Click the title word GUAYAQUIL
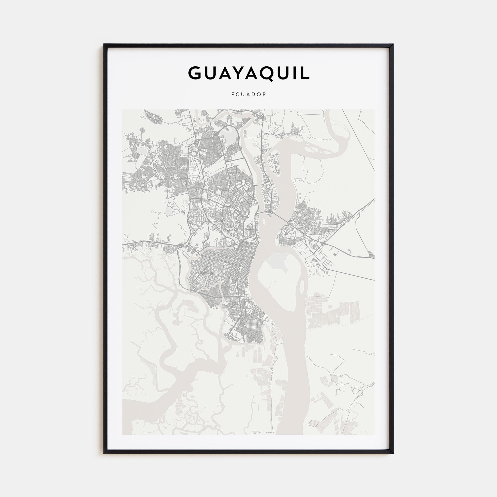pos(248,73)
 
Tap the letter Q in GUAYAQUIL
pos(266,74)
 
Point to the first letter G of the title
pos(195,73)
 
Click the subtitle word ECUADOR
pos(248,94)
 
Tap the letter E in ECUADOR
pos(233,94)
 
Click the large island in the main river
pos(280,280)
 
